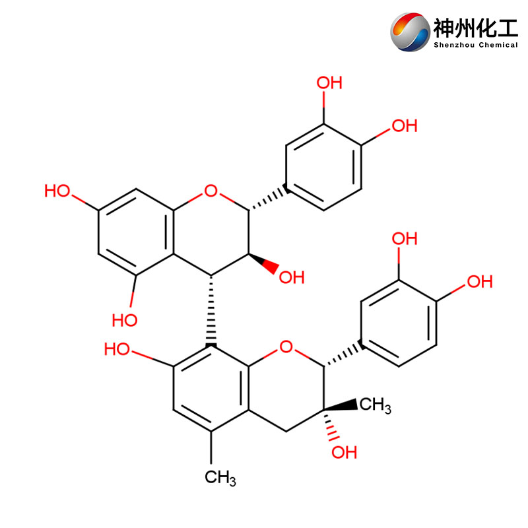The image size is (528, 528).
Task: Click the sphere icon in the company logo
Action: (410, 32)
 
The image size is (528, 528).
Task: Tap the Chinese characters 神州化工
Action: (475, 28)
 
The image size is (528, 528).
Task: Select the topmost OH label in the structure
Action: (329, 83)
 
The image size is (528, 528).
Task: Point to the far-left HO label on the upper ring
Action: (57, 191)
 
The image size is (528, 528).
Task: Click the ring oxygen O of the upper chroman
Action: (211, 191)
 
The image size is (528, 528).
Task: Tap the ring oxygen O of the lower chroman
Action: (286, 346)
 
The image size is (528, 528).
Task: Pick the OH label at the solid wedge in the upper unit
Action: (292, 277)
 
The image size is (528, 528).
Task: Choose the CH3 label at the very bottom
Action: (220, 477)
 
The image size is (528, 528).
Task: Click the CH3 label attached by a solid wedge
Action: (375, 405)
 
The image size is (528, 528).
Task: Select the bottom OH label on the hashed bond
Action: (344, 453)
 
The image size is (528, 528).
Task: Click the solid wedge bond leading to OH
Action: (263, 263)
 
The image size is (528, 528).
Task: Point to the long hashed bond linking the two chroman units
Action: (211, 311)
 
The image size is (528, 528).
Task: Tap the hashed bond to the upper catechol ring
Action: (268, 199)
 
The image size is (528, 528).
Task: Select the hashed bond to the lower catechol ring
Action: (343, 354)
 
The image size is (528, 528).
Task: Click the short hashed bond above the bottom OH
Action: (330, 426)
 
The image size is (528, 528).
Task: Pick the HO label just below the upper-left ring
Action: (125, 320)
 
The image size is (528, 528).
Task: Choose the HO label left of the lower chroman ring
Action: (117, 349)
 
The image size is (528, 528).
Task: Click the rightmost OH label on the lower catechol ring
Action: (480, 282)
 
